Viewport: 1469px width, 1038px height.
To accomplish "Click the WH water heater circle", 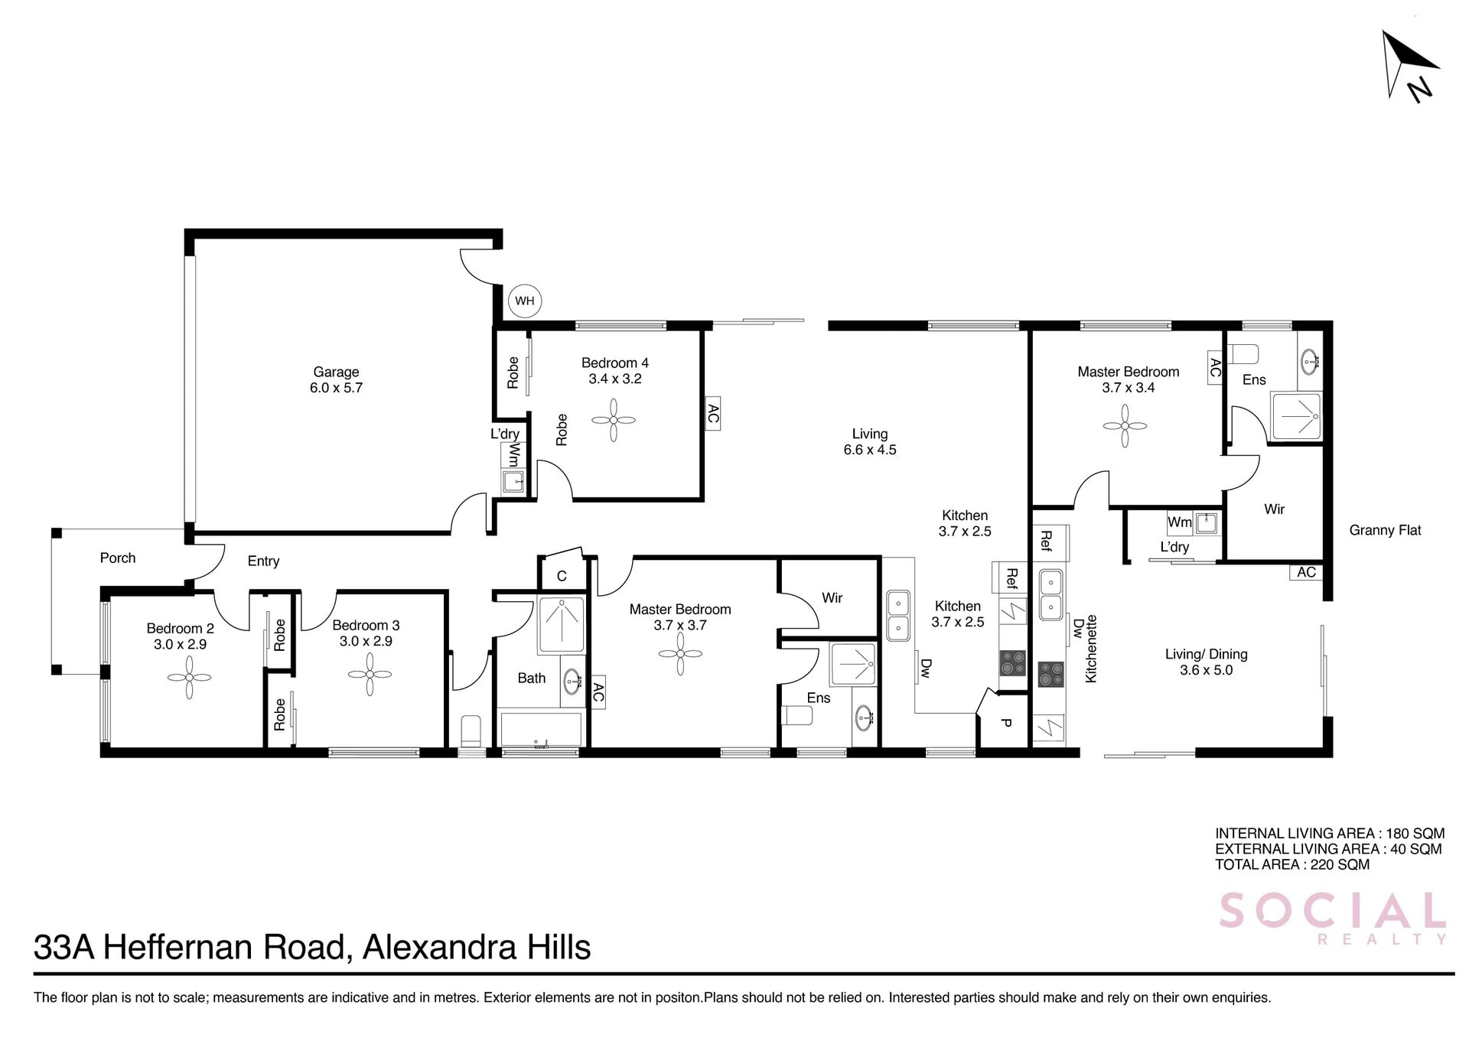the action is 525,301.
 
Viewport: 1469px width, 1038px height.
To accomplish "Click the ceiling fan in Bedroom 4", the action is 614,421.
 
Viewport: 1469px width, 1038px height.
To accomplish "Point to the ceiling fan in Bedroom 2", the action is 189,678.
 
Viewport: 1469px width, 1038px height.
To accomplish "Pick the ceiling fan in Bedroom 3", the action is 370,674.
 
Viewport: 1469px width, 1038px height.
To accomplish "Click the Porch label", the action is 118,558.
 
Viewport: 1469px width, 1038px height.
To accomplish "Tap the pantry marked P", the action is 1005,721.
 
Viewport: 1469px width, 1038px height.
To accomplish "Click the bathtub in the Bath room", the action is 540,728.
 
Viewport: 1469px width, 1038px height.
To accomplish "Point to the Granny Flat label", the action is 1385,530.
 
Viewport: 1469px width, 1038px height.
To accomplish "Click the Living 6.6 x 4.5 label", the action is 870,442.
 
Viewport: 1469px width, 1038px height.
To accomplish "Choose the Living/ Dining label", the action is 1207,662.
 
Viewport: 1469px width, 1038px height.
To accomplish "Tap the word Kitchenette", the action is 1092,649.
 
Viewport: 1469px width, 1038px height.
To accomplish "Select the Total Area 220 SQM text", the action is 1292,865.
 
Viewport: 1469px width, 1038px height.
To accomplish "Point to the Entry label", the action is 263,561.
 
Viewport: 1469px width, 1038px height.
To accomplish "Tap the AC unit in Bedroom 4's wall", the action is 712,414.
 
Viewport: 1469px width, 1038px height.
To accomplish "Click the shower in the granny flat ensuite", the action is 1296,417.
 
